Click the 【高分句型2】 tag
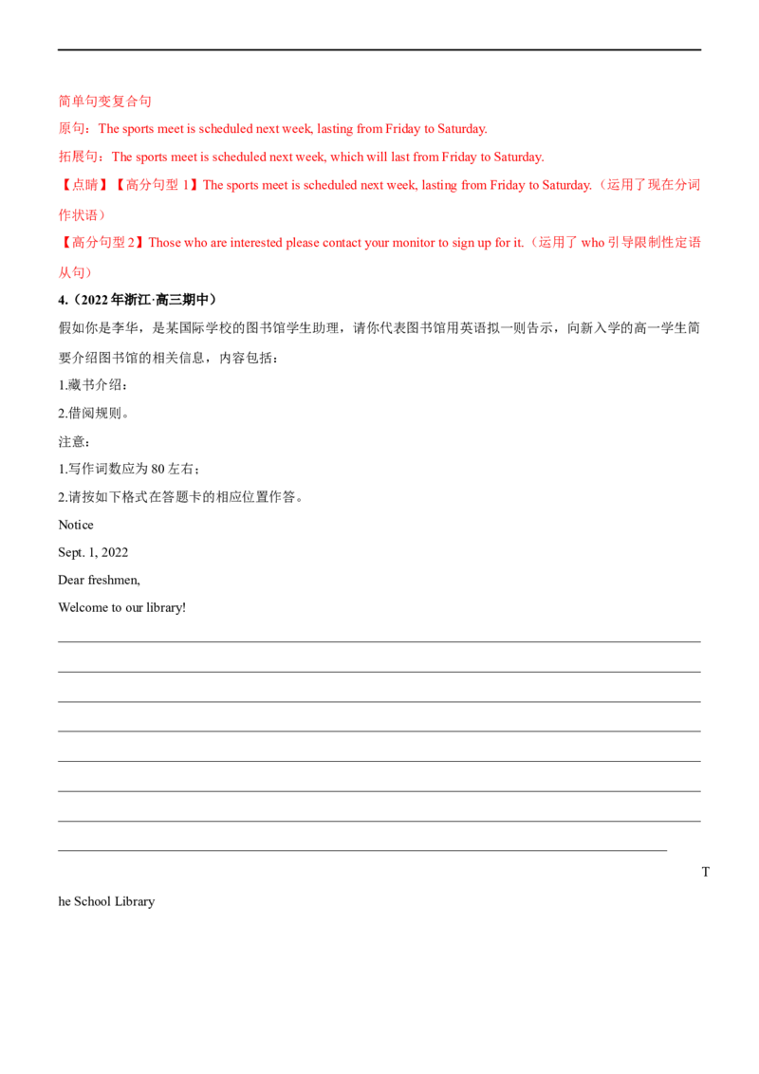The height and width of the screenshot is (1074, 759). pos(102,243)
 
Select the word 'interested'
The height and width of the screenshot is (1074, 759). pos(243,243)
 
